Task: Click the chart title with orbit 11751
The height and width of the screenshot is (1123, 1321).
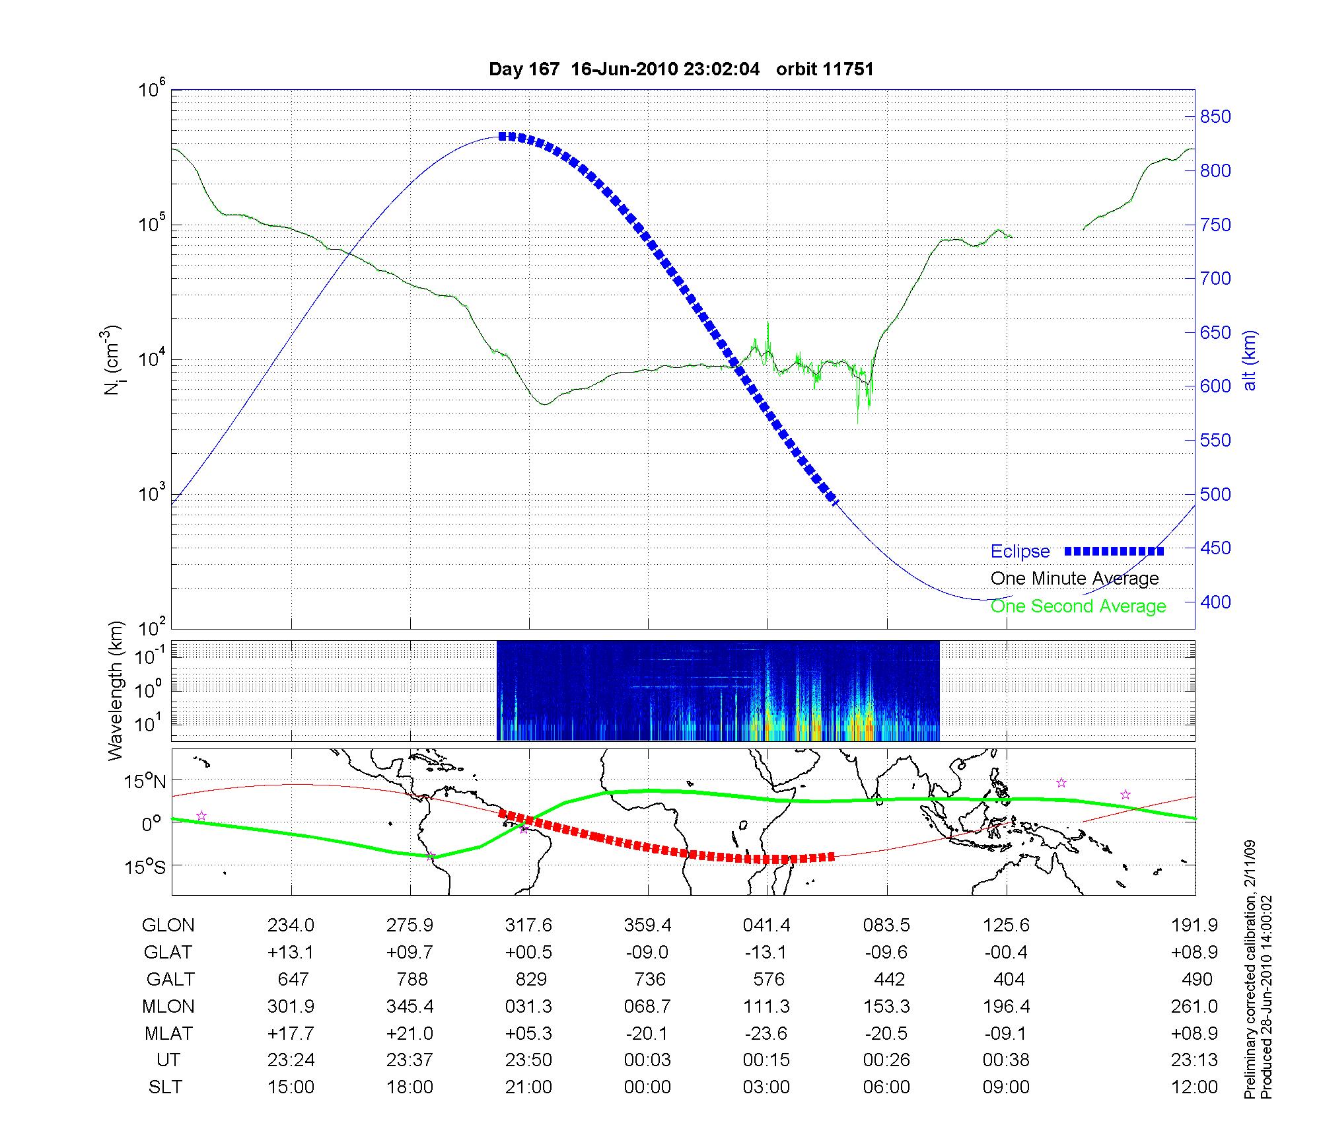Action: coord(681,69)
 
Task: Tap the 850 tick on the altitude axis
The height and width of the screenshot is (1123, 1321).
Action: coord(1215,117)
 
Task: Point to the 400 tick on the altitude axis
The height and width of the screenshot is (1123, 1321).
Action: coord(1215,602)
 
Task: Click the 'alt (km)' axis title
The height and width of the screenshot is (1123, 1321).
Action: coord(1249,360)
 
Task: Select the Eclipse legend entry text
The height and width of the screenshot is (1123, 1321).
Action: coord(1020,552)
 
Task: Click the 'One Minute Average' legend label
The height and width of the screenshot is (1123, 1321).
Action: coord(1075,579)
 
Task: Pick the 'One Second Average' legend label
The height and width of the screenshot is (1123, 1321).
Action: coord(1078,606)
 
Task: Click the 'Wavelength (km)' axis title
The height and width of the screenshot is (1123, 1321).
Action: coord(116,690)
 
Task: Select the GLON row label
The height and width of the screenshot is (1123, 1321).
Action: coord(168,925)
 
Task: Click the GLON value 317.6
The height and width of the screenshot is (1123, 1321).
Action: coord(528,925)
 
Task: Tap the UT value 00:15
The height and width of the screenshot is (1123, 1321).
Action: coord(766,1060)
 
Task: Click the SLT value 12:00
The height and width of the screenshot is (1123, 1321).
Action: coord(1194,1087)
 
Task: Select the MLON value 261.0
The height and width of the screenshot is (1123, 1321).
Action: coord(1194,1007)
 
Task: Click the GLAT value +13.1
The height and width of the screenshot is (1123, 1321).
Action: coord(291,953)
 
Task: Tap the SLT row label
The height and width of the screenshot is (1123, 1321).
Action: coord(165,1087)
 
